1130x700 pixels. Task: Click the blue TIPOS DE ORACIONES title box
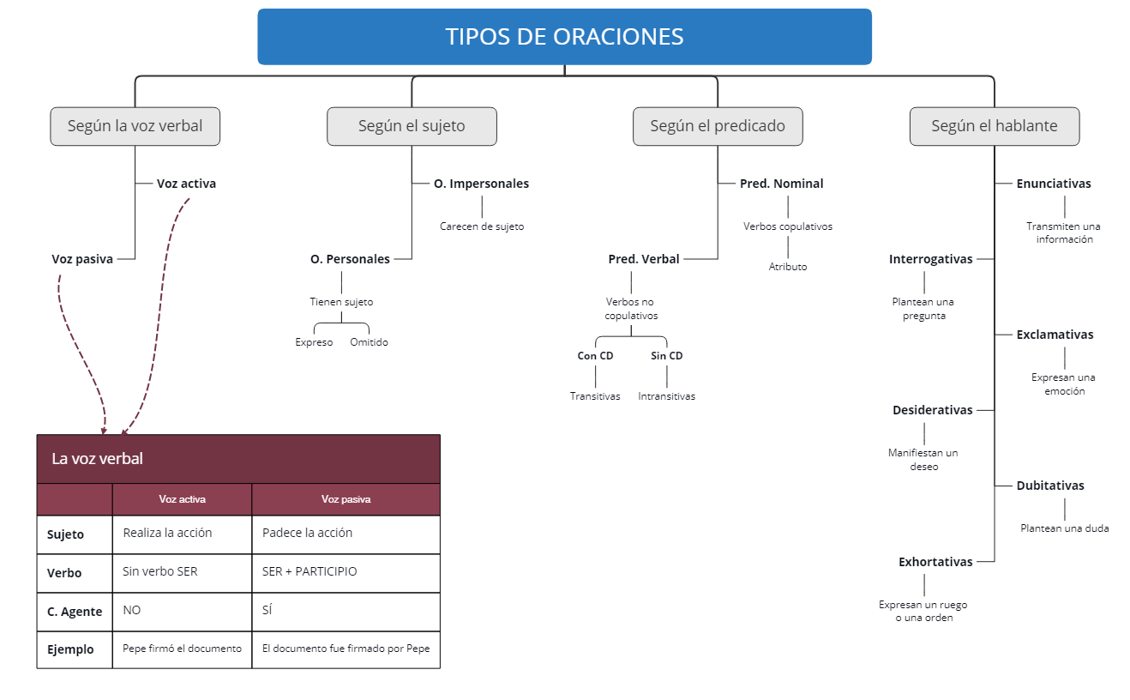pos(564,37)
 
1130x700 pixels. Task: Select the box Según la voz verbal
pos(135,126)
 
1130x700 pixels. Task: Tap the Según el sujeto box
pos(412,126)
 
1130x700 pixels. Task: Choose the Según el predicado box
pos(718,126)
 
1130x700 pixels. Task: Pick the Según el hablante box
pos(994,126)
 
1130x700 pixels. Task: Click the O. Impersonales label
pos(481,184)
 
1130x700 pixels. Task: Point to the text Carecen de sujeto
pos(482,227)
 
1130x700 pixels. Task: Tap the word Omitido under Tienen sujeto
pos(369,342)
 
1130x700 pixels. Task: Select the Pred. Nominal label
pos(781,184)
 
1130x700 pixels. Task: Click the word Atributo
pos(787,267)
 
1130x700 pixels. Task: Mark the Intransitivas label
pos(666,396)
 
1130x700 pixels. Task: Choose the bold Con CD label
pos(595,356)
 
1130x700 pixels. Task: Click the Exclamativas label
pos(1055,335)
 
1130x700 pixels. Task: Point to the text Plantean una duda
pos(1064,528)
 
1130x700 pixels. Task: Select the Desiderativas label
pos(932,410)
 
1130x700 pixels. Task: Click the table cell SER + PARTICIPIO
pos(310,571)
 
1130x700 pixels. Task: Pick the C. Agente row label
pos(75,612)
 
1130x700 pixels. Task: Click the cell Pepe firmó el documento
pos(182,649)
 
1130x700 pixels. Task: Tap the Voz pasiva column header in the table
pos(346,499)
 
